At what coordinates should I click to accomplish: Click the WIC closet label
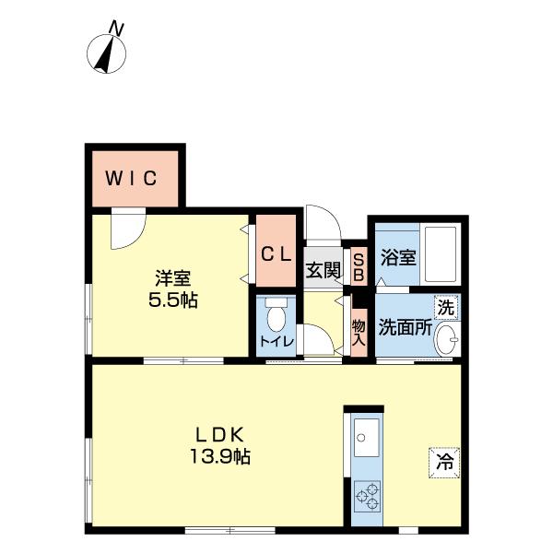(x=131, y=178)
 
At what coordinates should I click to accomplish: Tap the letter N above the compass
(x=116, y=29)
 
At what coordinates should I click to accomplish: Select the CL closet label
(x=276, y=254)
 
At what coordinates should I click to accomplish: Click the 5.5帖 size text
(x=173, y=300)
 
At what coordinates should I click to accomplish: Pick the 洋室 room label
(x=173, y=278)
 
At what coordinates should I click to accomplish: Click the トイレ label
(x=276, y=341)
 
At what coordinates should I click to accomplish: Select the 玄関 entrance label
(x=324, y=270)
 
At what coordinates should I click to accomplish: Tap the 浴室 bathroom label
(x=398, y=257)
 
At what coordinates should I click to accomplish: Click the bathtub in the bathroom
(x=441, y=254)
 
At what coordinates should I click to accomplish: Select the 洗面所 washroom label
(x=406, y=327)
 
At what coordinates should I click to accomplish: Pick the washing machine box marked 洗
(x=446, y=308)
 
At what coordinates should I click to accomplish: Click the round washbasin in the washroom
(x=447, y=339)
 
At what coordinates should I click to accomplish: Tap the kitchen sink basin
(x=367, y=438)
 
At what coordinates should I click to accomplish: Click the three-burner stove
(x=367, y=496)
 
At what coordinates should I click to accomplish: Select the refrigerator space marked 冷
(x=444, y=462)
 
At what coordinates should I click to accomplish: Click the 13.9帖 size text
(x=220, y=456)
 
